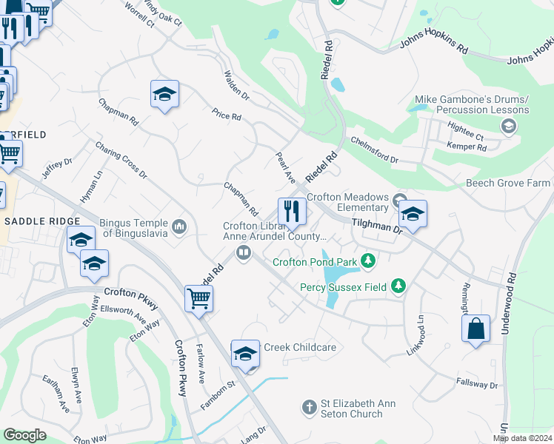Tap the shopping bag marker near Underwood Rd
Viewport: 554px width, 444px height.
475,328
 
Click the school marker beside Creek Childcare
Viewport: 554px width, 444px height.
245,354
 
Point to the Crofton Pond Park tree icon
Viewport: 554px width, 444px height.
367,261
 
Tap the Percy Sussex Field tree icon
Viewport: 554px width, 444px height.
398,286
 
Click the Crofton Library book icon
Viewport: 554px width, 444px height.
242,253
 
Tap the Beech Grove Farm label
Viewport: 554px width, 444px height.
507,183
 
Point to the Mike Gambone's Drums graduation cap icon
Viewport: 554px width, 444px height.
508,127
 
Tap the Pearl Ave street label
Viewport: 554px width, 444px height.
286,168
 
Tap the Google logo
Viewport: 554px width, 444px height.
24,435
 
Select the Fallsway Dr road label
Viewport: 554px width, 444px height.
478,385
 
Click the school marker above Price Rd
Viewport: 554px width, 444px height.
164,94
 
